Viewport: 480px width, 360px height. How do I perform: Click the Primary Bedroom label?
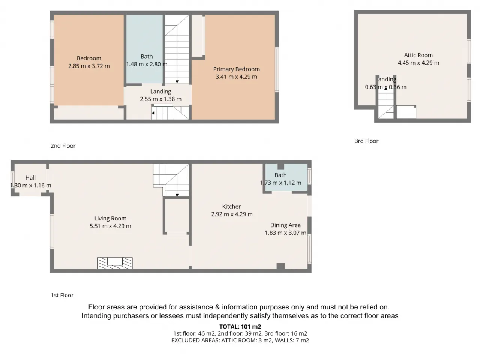click(236, 69)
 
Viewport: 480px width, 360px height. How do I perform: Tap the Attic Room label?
click(418, 55)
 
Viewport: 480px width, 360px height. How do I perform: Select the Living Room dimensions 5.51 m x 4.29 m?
click(110, 226)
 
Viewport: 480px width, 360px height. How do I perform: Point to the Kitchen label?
click(232, 207)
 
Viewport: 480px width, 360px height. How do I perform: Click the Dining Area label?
click(285, 225)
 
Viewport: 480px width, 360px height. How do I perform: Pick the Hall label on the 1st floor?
click(30, 178)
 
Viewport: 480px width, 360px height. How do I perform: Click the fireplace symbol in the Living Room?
click(115, 263)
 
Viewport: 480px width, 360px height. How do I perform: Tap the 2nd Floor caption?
click(63, 146)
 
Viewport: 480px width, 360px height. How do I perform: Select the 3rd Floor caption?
click(366, 141)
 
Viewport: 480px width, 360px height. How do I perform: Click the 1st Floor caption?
click(62, 295)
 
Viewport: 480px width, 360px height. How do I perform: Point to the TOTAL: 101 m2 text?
click(240, 327)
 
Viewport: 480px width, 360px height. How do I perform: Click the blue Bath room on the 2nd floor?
click(144, 49)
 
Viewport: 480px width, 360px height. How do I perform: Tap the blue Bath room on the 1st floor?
click(286, 177)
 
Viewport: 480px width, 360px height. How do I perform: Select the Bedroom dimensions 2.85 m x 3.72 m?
click(89, 66)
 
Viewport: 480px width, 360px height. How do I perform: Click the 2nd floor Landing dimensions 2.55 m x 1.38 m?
click(160, 99)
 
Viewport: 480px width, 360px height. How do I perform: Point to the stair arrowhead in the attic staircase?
click(386, 88)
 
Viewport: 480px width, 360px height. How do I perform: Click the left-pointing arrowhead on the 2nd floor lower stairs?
click(153, 113)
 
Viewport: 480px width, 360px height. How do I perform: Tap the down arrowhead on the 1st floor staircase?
click(177, 195)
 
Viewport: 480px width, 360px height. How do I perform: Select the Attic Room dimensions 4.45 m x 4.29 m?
click(418, 63)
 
